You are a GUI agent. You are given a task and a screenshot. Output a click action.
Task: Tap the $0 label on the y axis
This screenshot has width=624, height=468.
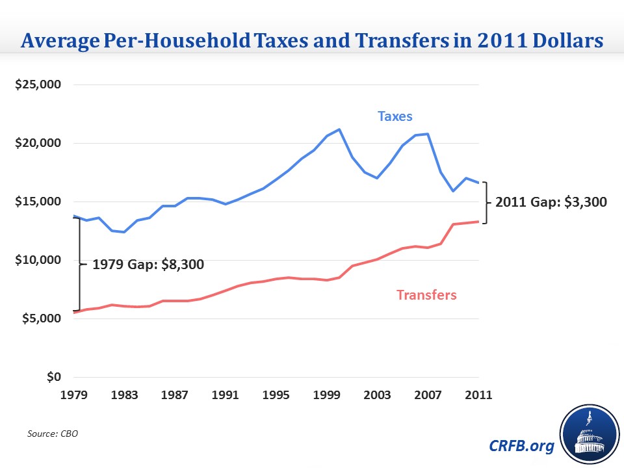[55, 377]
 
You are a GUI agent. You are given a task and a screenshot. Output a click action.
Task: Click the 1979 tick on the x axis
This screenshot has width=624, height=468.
[75, 395]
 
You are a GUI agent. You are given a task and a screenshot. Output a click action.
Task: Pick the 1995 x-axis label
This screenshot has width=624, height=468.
[276, 395]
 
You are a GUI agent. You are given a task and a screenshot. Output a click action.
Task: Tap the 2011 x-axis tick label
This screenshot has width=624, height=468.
[478, 395]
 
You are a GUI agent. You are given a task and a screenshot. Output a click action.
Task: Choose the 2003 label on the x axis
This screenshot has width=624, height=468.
[377, 395]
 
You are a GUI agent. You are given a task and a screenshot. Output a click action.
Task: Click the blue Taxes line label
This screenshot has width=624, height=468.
[395, 117]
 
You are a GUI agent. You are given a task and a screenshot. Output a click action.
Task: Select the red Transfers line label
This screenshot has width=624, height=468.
[426, 295]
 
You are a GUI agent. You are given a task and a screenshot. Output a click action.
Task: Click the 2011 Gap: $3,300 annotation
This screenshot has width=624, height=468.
[551, 202]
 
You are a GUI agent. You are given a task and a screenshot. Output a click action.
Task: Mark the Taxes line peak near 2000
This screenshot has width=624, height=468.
[339, 129]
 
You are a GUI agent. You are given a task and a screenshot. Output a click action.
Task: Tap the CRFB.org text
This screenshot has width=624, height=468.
[521, 446]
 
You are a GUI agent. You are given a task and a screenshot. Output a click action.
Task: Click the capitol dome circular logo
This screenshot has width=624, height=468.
[588, 435]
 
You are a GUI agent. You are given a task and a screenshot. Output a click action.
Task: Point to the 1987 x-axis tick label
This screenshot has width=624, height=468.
[175, 395]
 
